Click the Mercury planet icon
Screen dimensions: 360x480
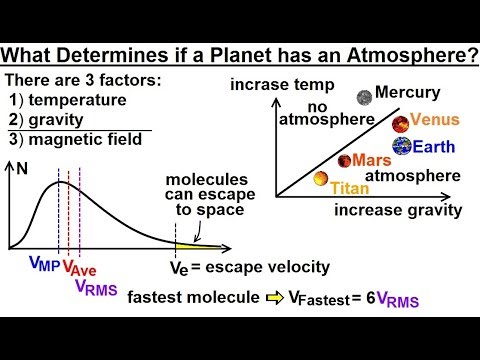pyautogui.click(x=364, y=96)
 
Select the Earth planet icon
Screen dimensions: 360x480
pyautogui.click(x=401, y=145)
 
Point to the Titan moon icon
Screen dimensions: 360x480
pyautogui.click(x=322, y=179)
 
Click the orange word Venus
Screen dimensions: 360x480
pyautogui.click(x=435, y=120)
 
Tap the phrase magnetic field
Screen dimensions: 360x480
pyautogui.click(x=92, y=140)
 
